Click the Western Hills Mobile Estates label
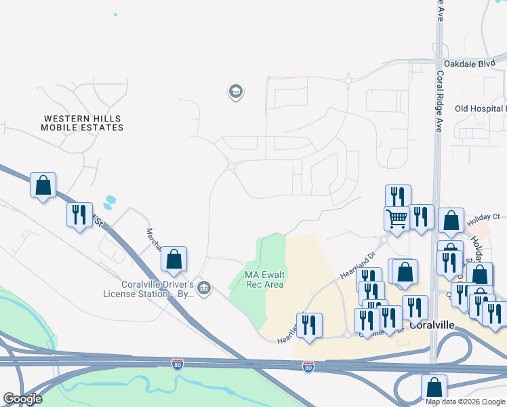tap(82, 123)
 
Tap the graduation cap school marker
tap(235, 92)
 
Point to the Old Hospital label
tap(480, 109)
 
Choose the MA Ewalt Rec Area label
tap(264, 279)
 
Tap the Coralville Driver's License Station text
tap(148, 289)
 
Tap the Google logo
tap(22, 399)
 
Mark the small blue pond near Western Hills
tap(109, 201)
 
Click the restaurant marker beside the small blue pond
tap(79, 215)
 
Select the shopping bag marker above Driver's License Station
tap(174, 258)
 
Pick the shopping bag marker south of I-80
tap(433, 387)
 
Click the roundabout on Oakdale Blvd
tap(348, 81)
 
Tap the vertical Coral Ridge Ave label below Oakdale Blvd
tap(440, 102)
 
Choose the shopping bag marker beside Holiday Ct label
tap(451, 220)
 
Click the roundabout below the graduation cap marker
tap(231, 166)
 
